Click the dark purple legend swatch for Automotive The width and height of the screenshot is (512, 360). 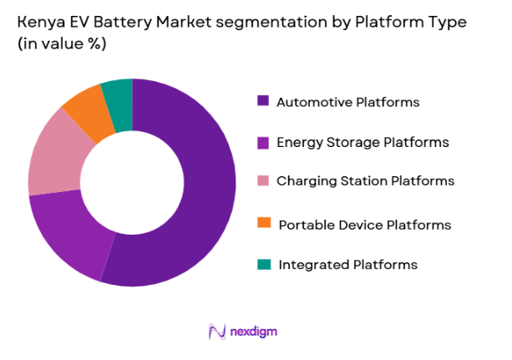tap(263, 101)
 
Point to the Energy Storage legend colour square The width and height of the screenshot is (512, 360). tap(263, 143)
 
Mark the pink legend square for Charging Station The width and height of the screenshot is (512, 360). tap(263, 181)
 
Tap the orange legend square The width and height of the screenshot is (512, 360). tap(263, 223)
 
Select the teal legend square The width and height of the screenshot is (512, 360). tap(263, 264)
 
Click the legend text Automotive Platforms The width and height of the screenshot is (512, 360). tap(347, 102)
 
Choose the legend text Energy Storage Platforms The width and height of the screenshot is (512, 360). tap(362, 143)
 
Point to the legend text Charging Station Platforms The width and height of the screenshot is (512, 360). tap(365, 181)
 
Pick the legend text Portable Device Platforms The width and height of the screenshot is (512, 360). tap(364, 225)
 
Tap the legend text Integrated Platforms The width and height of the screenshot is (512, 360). tap(347, 265)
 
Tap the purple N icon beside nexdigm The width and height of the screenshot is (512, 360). tap(217, 332)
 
